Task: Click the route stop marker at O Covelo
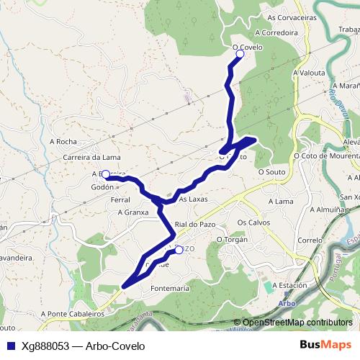click(x=240, y=54)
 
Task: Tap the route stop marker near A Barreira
click(x=106, y=174)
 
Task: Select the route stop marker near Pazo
click(x=179, y=251)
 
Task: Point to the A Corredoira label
click(x=276, y=32)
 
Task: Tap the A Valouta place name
click(x=309, y=73)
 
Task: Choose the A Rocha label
click(x=63, y=142)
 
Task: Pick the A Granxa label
click(x=132, y=212)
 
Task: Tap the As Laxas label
click(x=193, y=199)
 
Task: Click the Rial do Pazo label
click(x=195, y=225)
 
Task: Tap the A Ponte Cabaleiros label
click(x=72, y=314)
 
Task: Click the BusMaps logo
click(x=325, y=345)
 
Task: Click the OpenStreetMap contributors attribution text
click(x=297, y=323)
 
